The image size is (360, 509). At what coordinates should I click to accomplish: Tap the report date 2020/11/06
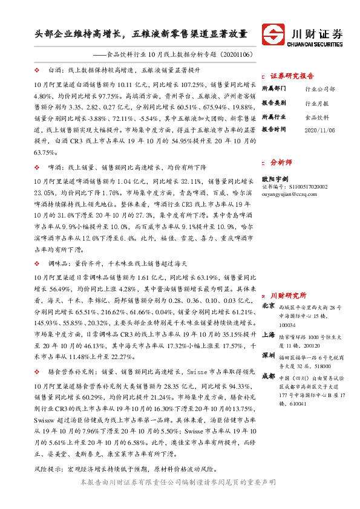click(x=318, y=129)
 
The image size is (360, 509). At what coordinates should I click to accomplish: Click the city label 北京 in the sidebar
click(x=268, y=306)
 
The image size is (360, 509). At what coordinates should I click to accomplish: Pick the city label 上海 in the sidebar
click(x=268, y=334)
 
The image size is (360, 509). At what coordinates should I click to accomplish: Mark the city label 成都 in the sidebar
click(x=268, y=376)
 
